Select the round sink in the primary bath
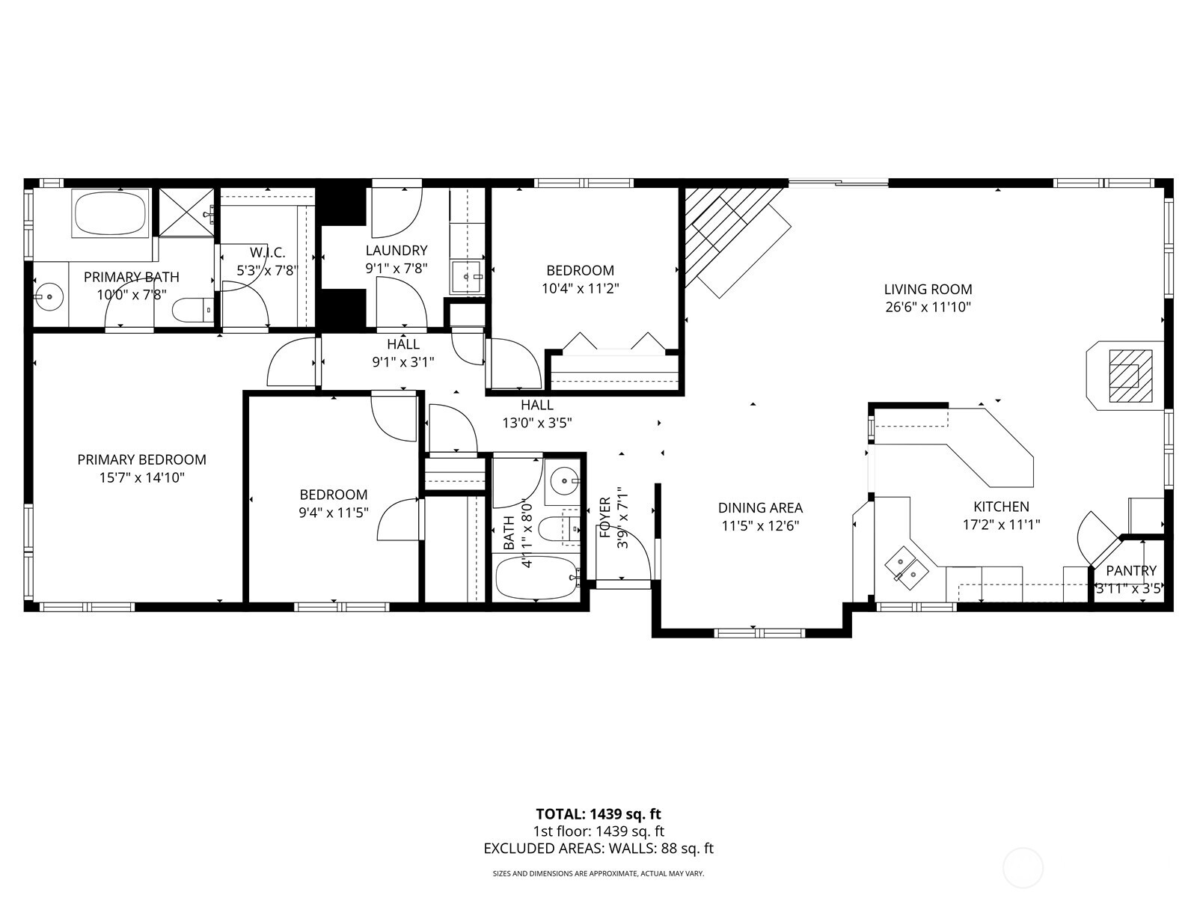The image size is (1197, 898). [49, 296]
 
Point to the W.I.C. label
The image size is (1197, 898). [267, 252]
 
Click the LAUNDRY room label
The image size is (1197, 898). [396, 250]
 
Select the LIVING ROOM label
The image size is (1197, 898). [928, 289]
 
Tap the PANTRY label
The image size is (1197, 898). [1130, 571]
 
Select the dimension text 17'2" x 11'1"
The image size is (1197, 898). [1001, 525]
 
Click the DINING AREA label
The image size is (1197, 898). [760, 508]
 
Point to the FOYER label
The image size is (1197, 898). [605, 517]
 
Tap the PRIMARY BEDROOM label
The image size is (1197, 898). [141, 459]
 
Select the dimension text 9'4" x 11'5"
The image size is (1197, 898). [333, 513]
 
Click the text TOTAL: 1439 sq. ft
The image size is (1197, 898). [598, 813]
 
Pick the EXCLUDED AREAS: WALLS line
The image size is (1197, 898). [598, 849]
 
